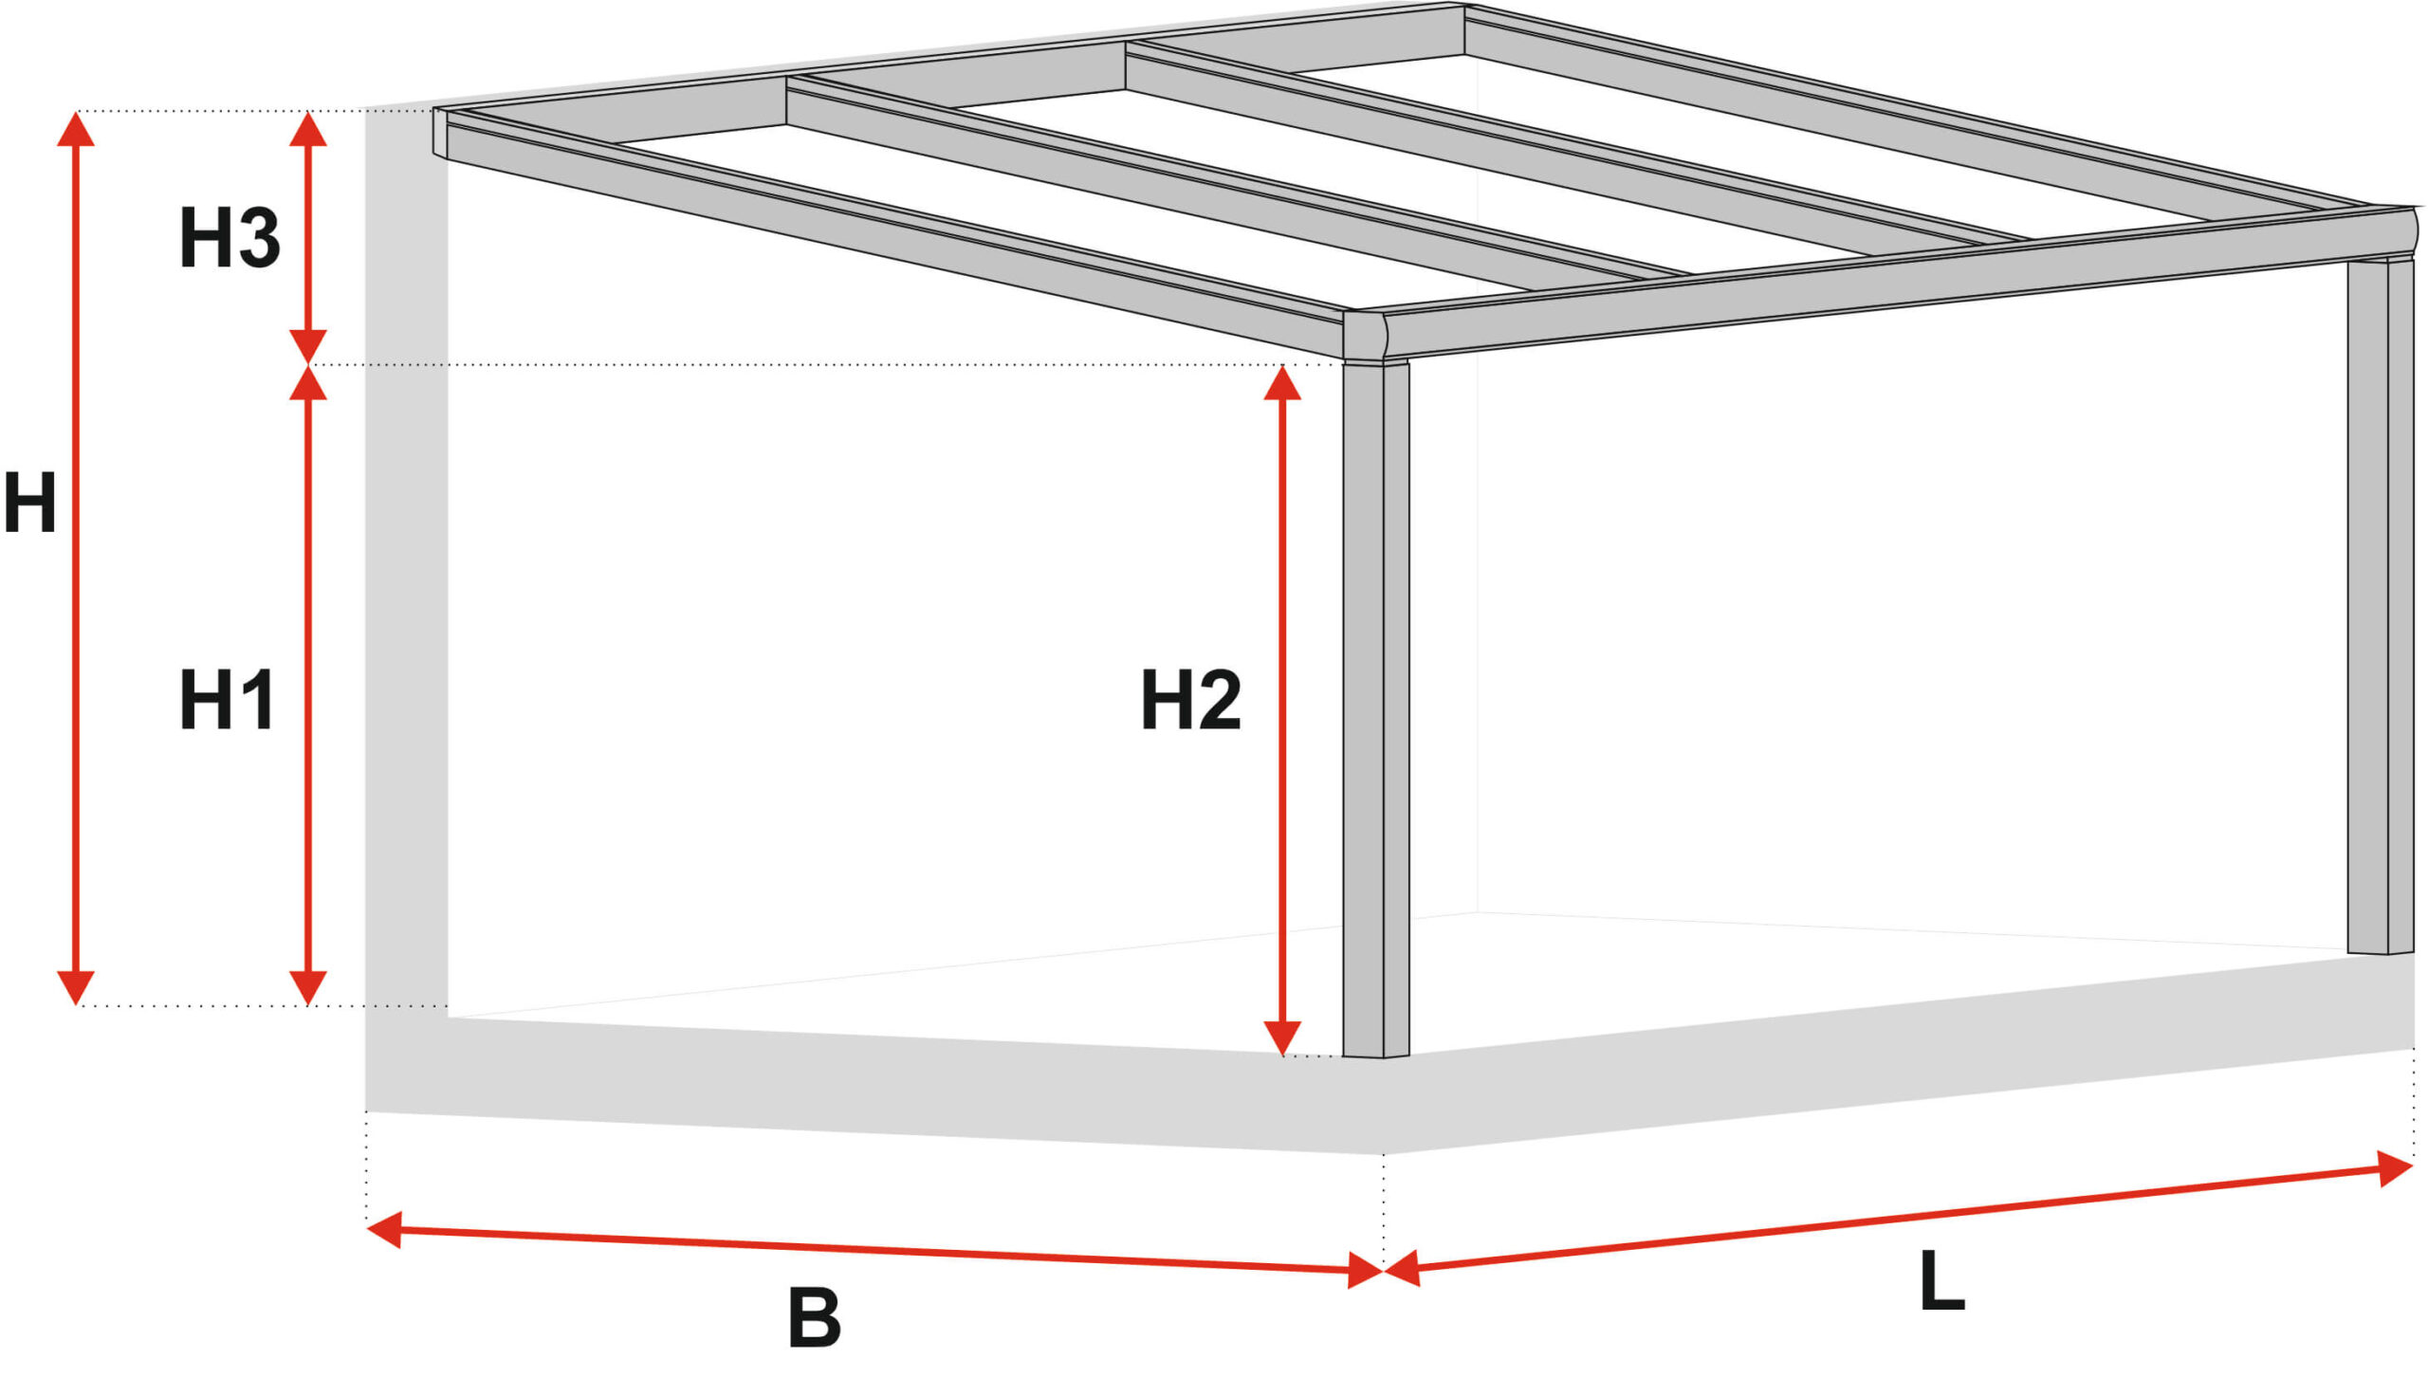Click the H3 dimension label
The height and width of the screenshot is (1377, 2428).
point(230,237)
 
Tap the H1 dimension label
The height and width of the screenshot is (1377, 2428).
point(228,699)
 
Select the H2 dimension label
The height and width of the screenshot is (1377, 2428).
point(1191,699)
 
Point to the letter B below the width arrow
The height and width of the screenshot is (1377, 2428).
point(815,1317)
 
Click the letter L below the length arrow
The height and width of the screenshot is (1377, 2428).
point(1941,1281)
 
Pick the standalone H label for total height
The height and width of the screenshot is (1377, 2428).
point(29,502)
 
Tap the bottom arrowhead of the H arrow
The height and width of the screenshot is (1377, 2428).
point(76,987)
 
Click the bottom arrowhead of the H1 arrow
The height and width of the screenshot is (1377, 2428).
point(307,987)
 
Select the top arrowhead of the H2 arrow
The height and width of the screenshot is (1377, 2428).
point(1282,382)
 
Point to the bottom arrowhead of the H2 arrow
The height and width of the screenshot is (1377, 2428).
point(1282,1037)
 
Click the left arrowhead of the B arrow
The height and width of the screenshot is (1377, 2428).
point(383,1230)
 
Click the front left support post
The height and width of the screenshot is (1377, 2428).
point(1376,708)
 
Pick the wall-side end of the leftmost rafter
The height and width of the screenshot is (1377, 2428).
point(440,133)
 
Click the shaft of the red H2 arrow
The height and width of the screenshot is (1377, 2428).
point(1282,710)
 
